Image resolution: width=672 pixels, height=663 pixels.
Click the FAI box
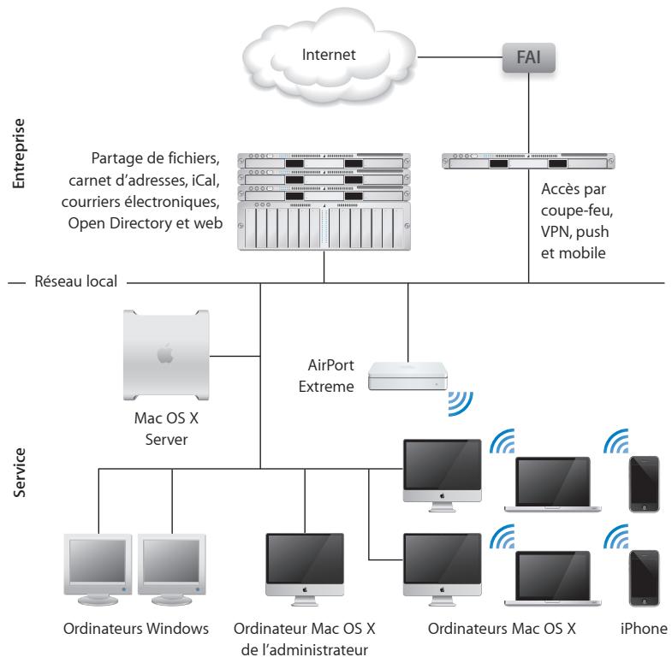pos(526,61)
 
